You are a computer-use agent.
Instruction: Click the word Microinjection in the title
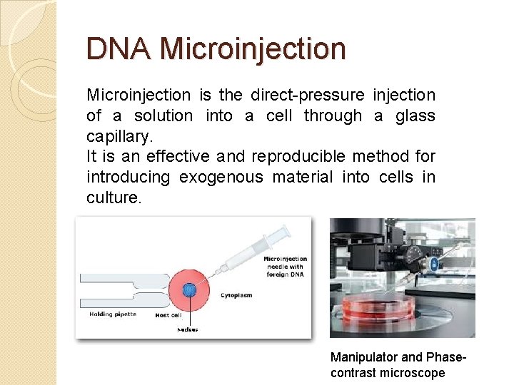pyautogui.click(x=253, y=49)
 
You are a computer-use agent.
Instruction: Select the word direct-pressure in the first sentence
pyautogui.click(x=308, y=95)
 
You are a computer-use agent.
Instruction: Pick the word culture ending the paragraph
pyautogui.click(x=114, y=197)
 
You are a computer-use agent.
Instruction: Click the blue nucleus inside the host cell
pyautogui.click(x=189, y=289)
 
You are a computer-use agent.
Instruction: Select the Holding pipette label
pyautogui.click(x=112, y=314)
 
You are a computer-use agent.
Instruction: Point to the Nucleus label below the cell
pyautogui.click(x=188, y=329)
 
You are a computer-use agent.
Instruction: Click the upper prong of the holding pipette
pyautogui.click(x=121, y=278)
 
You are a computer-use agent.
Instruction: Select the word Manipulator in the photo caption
pyautogui.click(x=365, y=356)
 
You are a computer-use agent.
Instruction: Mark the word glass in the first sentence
pyautogui.click(x=410, y=115)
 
